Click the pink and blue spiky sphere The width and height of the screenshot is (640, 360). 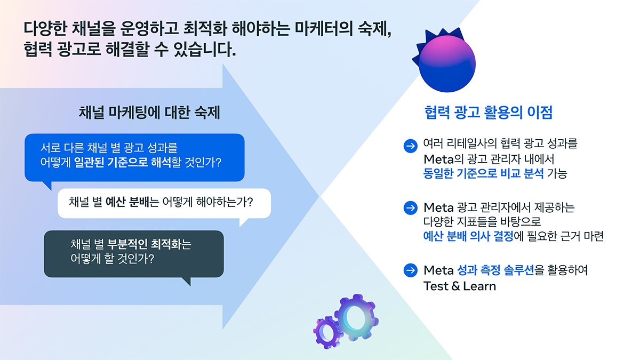tap(446, 61)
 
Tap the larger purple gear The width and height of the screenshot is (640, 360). tap(357, 318)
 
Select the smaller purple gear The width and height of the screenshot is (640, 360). tap(326, 333)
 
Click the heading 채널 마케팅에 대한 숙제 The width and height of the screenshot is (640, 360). tap(149, 113)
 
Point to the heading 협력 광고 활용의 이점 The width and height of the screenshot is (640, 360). tap(489, 113)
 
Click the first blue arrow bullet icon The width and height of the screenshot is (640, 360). tap(411, 146)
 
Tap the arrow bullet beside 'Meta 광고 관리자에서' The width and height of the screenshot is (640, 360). tap(411, 207)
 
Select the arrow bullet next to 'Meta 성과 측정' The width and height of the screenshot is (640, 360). tap(411, 270)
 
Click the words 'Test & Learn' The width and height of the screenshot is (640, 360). tap(460, 286)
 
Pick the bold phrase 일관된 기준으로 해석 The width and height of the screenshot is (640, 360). tap(122, 163)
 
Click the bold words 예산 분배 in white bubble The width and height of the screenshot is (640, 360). tap(127, 202)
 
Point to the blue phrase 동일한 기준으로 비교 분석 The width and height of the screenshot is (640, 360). tap(483, 173)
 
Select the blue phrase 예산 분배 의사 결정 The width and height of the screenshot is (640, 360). tap(468, 236)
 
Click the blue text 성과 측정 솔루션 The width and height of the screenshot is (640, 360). tap(495, 270)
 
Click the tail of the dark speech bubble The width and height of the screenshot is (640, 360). tap(187, 281)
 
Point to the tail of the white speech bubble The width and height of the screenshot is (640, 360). tap(243, 222)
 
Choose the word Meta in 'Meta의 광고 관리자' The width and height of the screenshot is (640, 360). tap(438, 159)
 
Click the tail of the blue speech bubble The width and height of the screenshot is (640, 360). tap(48, 185)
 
